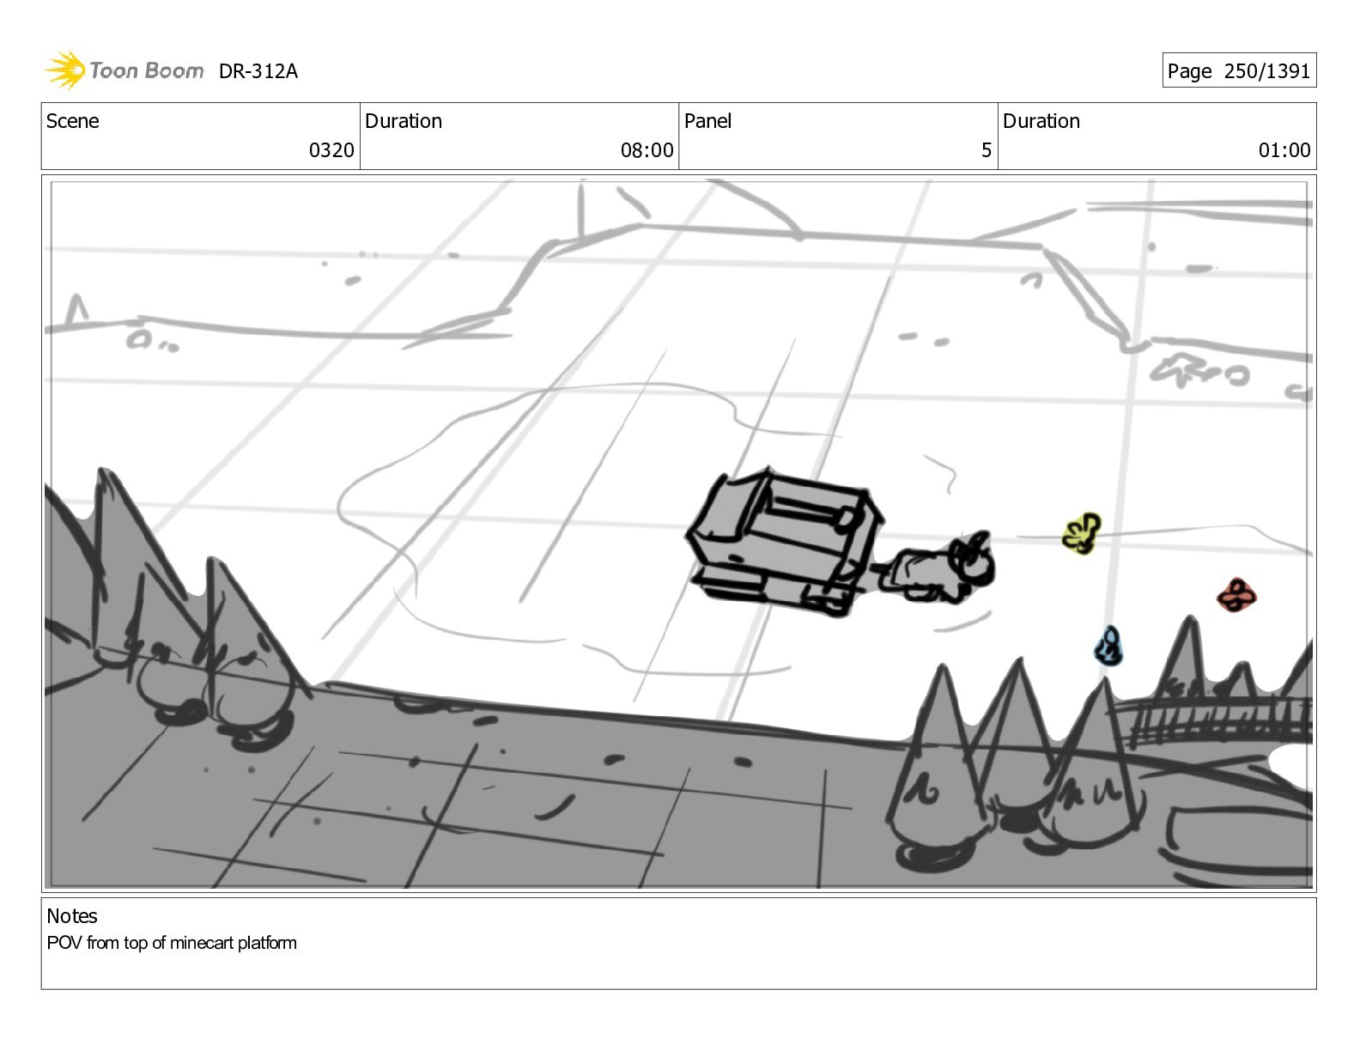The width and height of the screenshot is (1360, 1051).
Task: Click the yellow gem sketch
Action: (1081, 533)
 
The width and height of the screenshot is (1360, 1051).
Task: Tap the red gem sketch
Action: (1236, 595)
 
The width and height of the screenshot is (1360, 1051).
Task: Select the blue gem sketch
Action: (1108, 646)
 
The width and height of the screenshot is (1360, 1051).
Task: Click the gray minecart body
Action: (785, 541)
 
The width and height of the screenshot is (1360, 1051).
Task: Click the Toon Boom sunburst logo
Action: (65, 70)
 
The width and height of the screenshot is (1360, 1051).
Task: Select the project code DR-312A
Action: (258, 71)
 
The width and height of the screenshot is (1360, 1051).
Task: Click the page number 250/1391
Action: (1266, 70)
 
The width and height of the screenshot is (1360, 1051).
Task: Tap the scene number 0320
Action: (331, 150)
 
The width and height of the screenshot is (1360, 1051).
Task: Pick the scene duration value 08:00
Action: (647, 150)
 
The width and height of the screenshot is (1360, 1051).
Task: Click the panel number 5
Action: (986, 150)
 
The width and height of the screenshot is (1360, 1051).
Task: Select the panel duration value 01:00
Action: (1284, 150)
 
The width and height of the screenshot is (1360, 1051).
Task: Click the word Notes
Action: (72, 916)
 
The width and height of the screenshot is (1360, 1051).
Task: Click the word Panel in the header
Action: (707, 121)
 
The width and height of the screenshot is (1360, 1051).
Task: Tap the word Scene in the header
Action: (73, 121)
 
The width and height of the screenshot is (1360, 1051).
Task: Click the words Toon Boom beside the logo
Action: (147, 70)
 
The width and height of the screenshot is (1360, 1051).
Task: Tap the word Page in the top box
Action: (1189, 71)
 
